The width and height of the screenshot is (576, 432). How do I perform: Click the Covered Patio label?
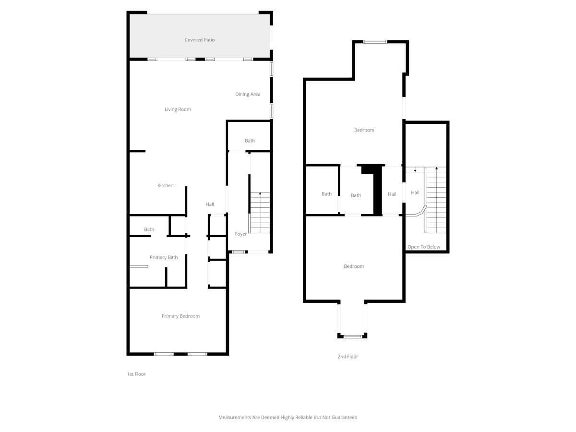pos(199,40)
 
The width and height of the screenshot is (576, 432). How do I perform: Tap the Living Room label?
pos(178,109)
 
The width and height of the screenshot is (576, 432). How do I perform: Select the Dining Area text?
pos(248,94)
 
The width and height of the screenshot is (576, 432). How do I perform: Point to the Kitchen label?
pos(165,185)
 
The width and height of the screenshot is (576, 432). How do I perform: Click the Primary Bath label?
pos(164,257)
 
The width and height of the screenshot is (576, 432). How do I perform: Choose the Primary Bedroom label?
pos(180,316)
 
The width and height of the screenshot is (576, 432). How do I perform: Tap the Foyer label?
pos(240,234)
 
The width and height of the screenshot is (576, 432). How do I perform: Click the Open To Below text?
pos(424,247)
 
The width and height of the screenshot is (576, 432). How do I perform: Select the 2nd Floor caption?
pos(348,357)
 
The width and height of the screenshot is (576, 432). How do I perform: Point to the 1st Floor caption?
pos(136,374)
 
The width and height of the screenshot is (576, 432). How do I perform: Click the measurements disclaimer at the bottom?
pos(288,417)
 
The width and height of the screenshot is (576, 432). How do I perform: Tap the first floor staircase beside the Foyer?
pos(260,213)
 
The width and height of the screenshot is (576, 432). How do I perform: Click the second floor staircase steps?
pos(436,200)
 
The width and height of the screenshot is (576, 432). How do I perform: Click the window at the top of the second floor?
pos(375,42)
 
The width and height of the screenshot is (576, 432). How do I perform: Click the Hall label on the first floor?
pos(210,204)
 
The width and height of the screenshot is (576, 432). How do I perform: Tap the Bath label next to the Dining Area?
pos(250,141)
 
